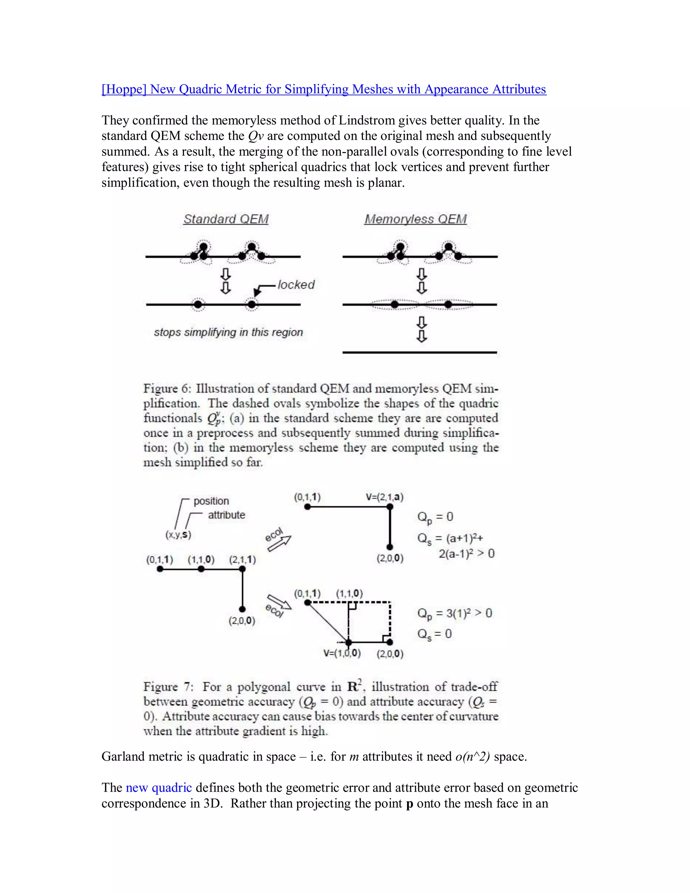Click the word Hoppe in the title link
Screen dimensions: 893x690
coord(124,89)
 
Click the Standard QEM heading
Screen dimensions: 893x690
coord(226,219)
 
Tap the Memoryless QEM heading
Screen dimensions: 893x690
coord(415,219)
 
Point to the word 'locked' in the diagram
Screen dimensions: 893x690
coord(296,285)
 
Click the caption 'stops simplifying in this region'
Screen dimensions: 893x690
coord(228,332)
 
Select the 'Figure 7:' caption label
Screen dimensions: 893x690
coord(167,686)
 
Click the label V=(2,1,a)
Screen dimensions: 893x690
coord(384,497)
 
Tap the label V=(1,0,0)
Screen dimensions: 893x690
coord(342,653)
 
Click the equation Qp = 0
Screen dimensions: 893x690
coord(435,517)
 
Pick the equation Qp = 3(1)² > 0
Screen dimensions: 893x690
coord(454,613)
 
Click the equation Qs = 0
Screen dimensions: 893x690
coord(434,634)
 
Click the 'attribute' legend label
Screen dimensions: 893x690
coord(226,515)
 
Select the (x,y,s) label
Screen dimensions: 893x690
coord(178,534)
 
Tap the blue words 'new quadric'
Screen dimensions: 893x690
coord(159,788)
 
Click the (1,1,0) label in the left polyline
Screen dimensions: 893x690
coord(201,559)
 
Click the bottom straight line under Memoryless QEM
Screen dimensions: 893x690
coord(419,352)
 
